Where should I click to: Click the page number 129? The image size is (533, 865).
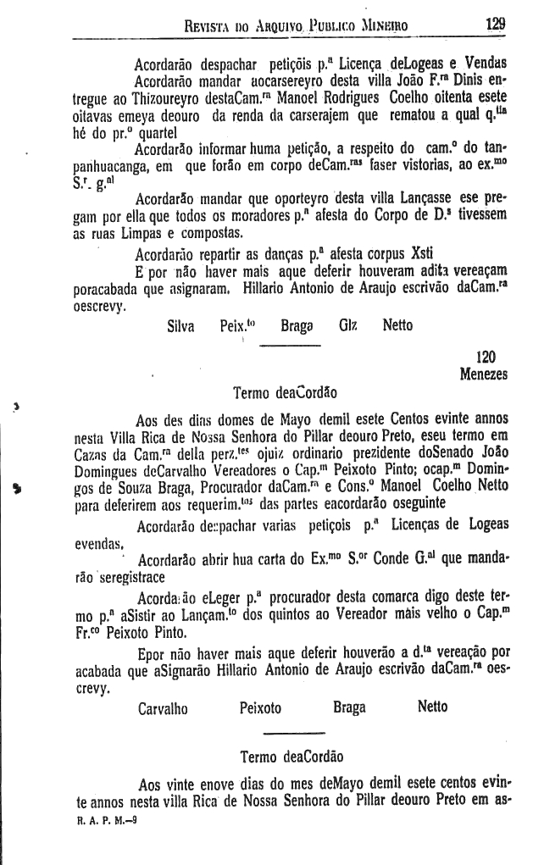496,24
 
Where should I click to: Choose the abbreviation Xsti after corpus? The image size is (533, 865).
370,252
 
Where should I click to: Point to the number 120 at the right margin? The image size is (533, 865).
486,358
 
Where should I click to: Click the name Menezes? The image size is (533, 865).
484,374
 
